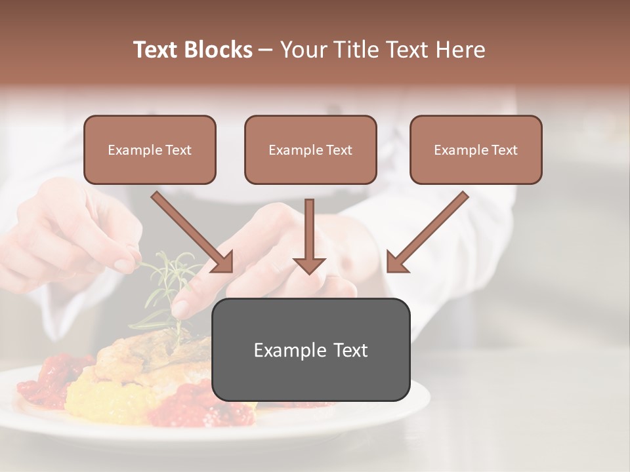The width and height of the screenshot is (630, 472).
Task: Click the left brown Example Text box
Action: pyautogui.click(x=150, y=150)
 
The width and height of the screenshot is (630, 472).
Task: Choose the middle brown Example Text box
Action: pyautogui.click(x=310, y=150)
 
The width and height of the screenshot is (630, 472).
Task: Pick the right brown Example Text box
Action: pyautogui.click(x=476, y=150)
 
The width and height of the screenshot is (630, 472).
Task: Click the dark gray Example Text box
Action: pyautogui.click(x=310, y=349)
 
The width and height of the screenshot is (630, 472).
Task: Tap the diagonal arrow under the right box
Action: pyautogui.click(x=430, y=229)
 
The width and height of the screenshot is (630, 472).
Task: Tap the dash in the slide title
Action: pyautogui.click(x=266, y=50)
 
